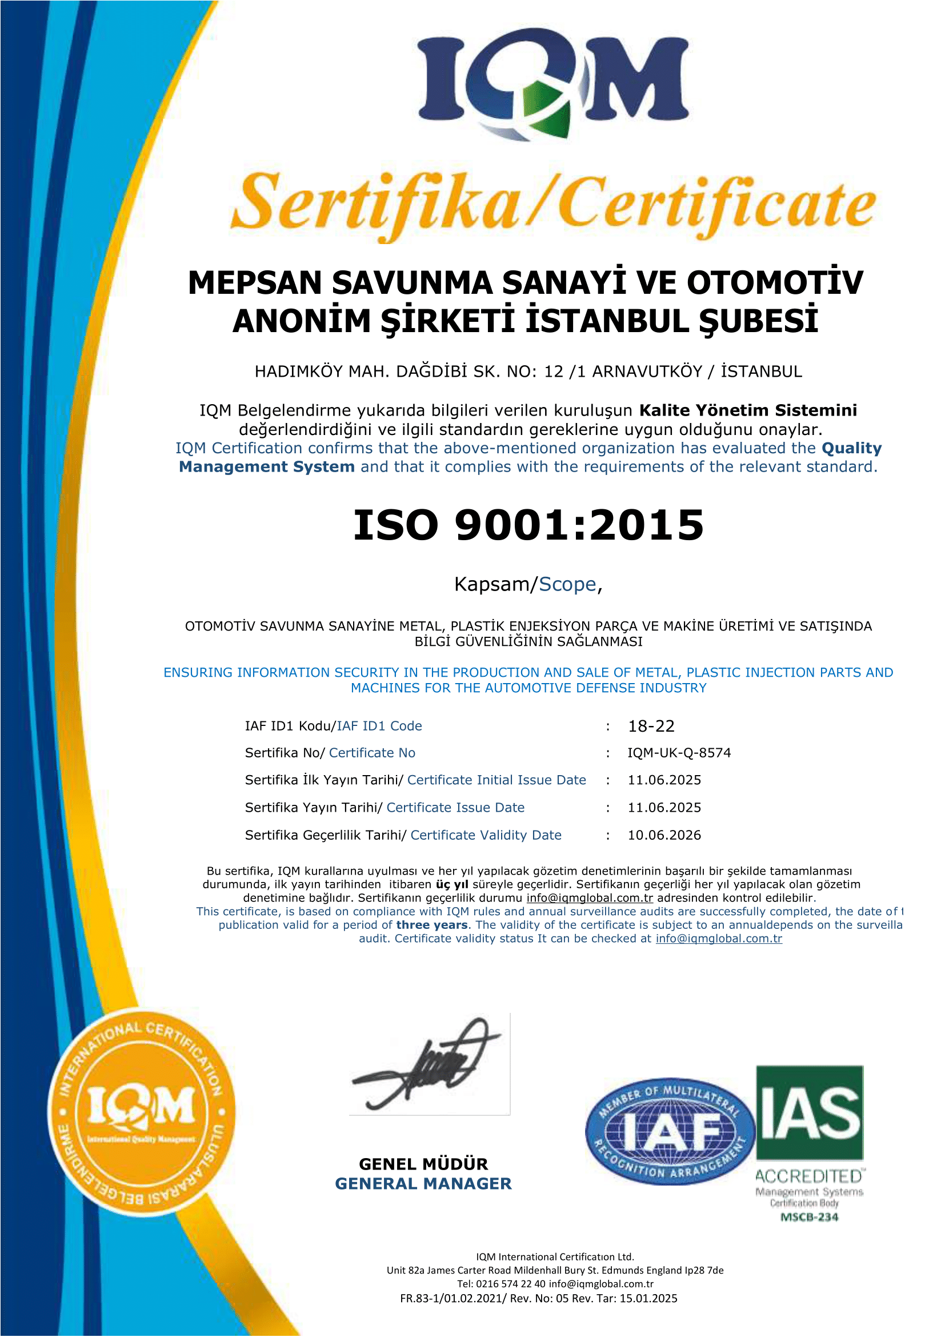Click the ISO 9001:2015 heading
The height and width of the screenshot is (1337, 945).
(x=528, y=525)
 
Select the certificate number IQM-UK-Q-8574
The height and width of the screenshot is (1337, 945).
(x=679, y=753)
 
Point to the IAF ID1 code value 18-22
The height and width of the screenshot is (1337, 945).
(x=651, y=726)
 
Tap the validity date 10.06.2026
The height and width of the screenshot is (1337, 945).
(x=664, y=835)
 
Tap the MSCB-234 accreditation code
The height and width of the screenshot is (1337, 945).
(x=810, y=1217)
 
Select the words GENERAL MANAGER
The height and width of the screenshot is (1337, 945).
(x=423, y=1184)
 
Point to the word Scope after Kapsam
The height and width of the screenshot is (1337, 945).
(x=567, y=584)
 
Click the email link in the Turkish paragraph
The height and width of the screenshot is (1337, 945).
(x=590, y=898)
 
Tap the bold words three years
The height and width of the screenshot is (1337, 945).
(x=432, y=925)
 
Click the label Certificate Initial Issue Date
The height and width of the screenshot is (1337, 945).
(x=496, y=780)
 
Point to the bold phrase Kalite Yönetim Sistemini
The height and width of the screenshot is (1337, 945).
(x=748, y=410)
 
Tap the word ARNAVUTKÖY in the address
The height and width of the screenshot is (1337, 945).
(x=647, y=372)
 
